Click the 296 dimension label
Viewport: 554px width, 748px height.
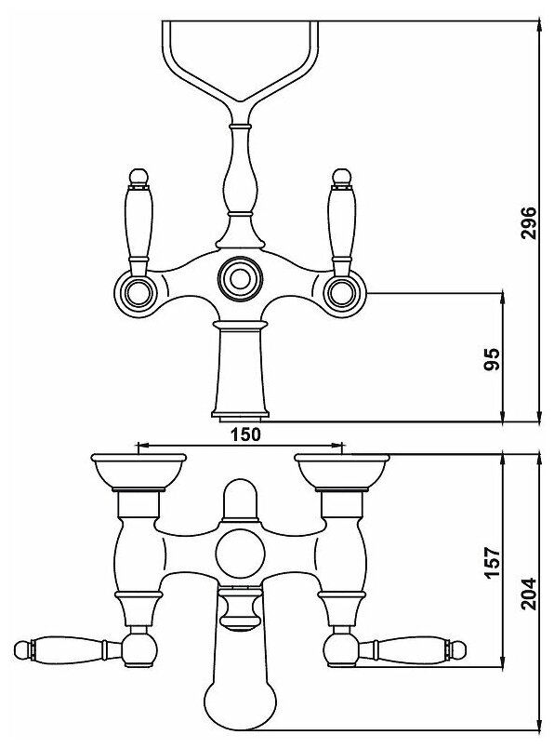[528, 222]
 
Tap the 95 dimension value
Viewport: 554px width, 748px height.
[492, 359]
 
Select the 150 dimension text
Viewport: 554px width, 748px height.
[246, 434]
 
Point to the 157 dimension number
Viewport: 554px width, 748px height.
[493, 562]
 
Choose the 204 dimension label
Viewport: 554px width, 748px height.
[528, 594]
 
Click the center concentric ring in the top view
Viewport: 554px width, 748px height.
[240, 277]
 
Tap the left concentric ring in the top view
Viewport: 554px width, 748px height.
[139, 291]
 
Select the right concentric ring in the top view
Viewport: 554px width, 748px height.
[340, 292]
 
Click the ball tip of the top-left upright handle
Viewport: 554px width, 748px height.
[138, 177]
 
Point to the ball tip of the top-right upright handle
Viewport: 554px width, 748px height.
[341, 177]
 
